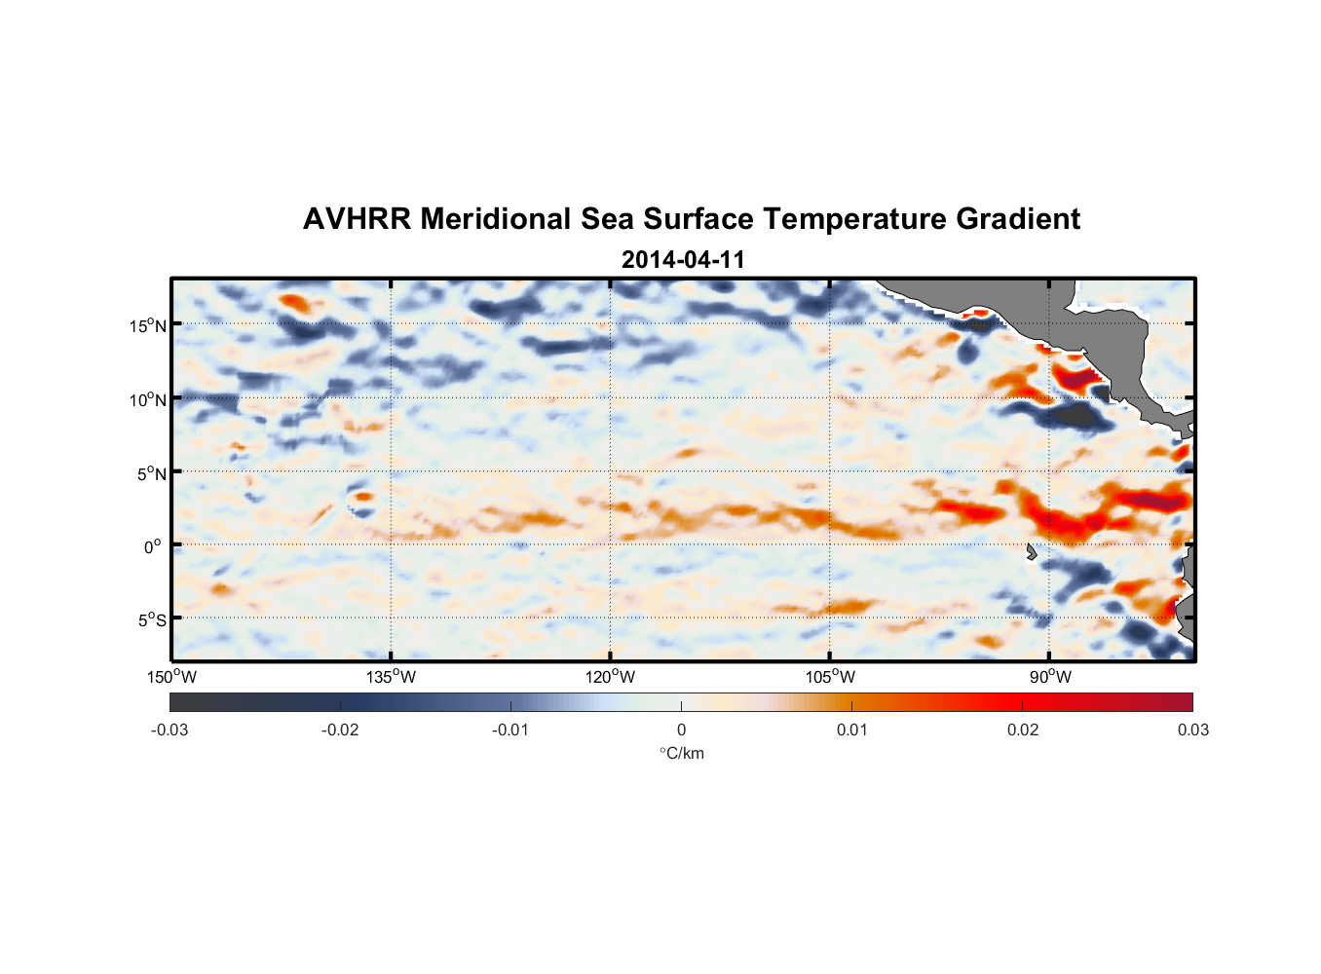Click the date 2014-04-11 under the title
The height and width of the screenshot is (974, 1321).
tap(682, 260)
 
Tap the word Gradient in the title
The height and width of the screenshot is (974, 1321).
tap(1018, 219)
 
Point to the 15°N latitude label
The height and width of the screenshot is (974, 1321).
tap(148, 325)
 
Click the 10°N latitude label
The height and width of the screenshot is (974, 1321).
tap(148, 399)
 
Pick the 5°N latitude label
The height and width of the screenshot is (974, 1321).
tap(152, 473)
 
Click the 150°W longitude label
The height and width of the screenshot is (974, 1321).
tap(171, 677)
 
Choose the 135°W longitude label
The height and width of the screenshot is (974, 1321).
tap(391, 677)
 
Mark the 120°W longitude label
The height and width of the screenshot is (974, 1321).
tap(610, 677)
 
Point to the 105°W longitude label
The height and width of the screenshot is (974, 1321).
tap(830, 677)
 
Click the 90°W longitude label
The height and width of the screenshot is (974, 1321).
tap(1049, 677)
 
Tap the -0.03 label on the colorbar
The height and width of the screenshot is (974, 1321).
tap(170, 730)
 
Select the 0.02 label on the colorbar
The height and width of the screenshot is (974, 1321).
tap(1023, 730)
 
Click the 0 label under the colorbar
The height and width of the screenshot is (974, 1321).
tap(681, 730)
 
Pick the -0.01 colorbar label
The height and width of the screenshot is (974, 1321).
tap(510, 730)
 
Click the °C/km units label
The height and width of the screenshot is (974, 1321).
tap(681, 753)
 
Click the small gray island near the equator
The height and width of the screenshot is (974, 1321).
tap(1032, 552)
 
